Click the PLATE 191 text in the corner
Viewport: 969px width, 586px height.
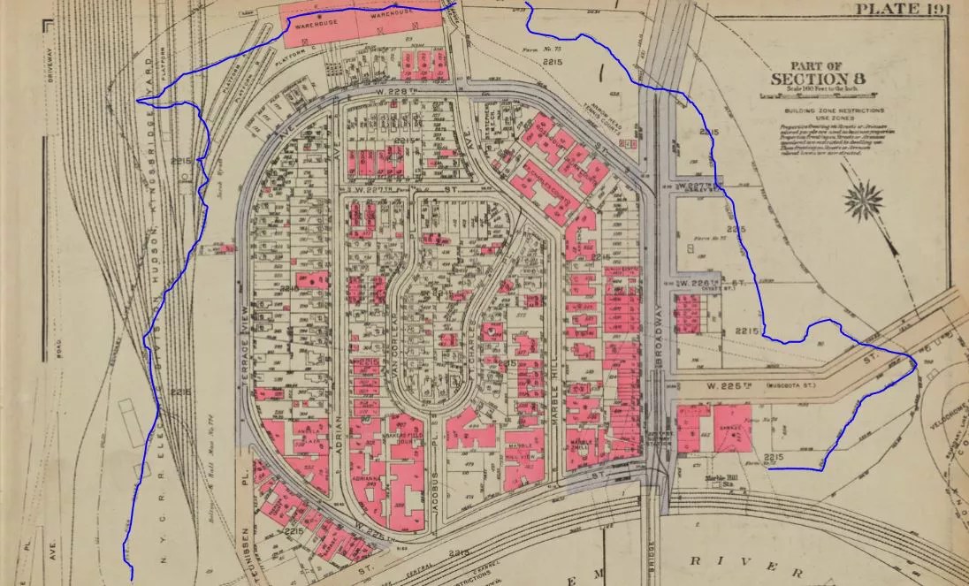(908, 10)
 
